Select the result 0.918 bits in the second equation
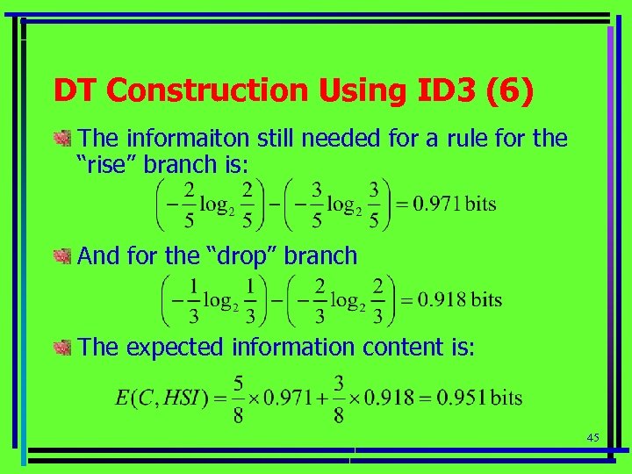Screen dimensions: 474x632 point(459,299)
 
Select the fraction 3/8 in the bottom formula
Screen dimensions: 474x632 point(340,397)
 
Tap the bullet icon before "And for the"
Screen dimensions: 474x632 point(61,256)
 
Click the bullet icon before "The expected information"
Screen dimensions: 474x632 point(61,348)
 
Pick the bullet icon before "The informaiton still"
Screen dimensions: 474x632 point(61,139)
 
